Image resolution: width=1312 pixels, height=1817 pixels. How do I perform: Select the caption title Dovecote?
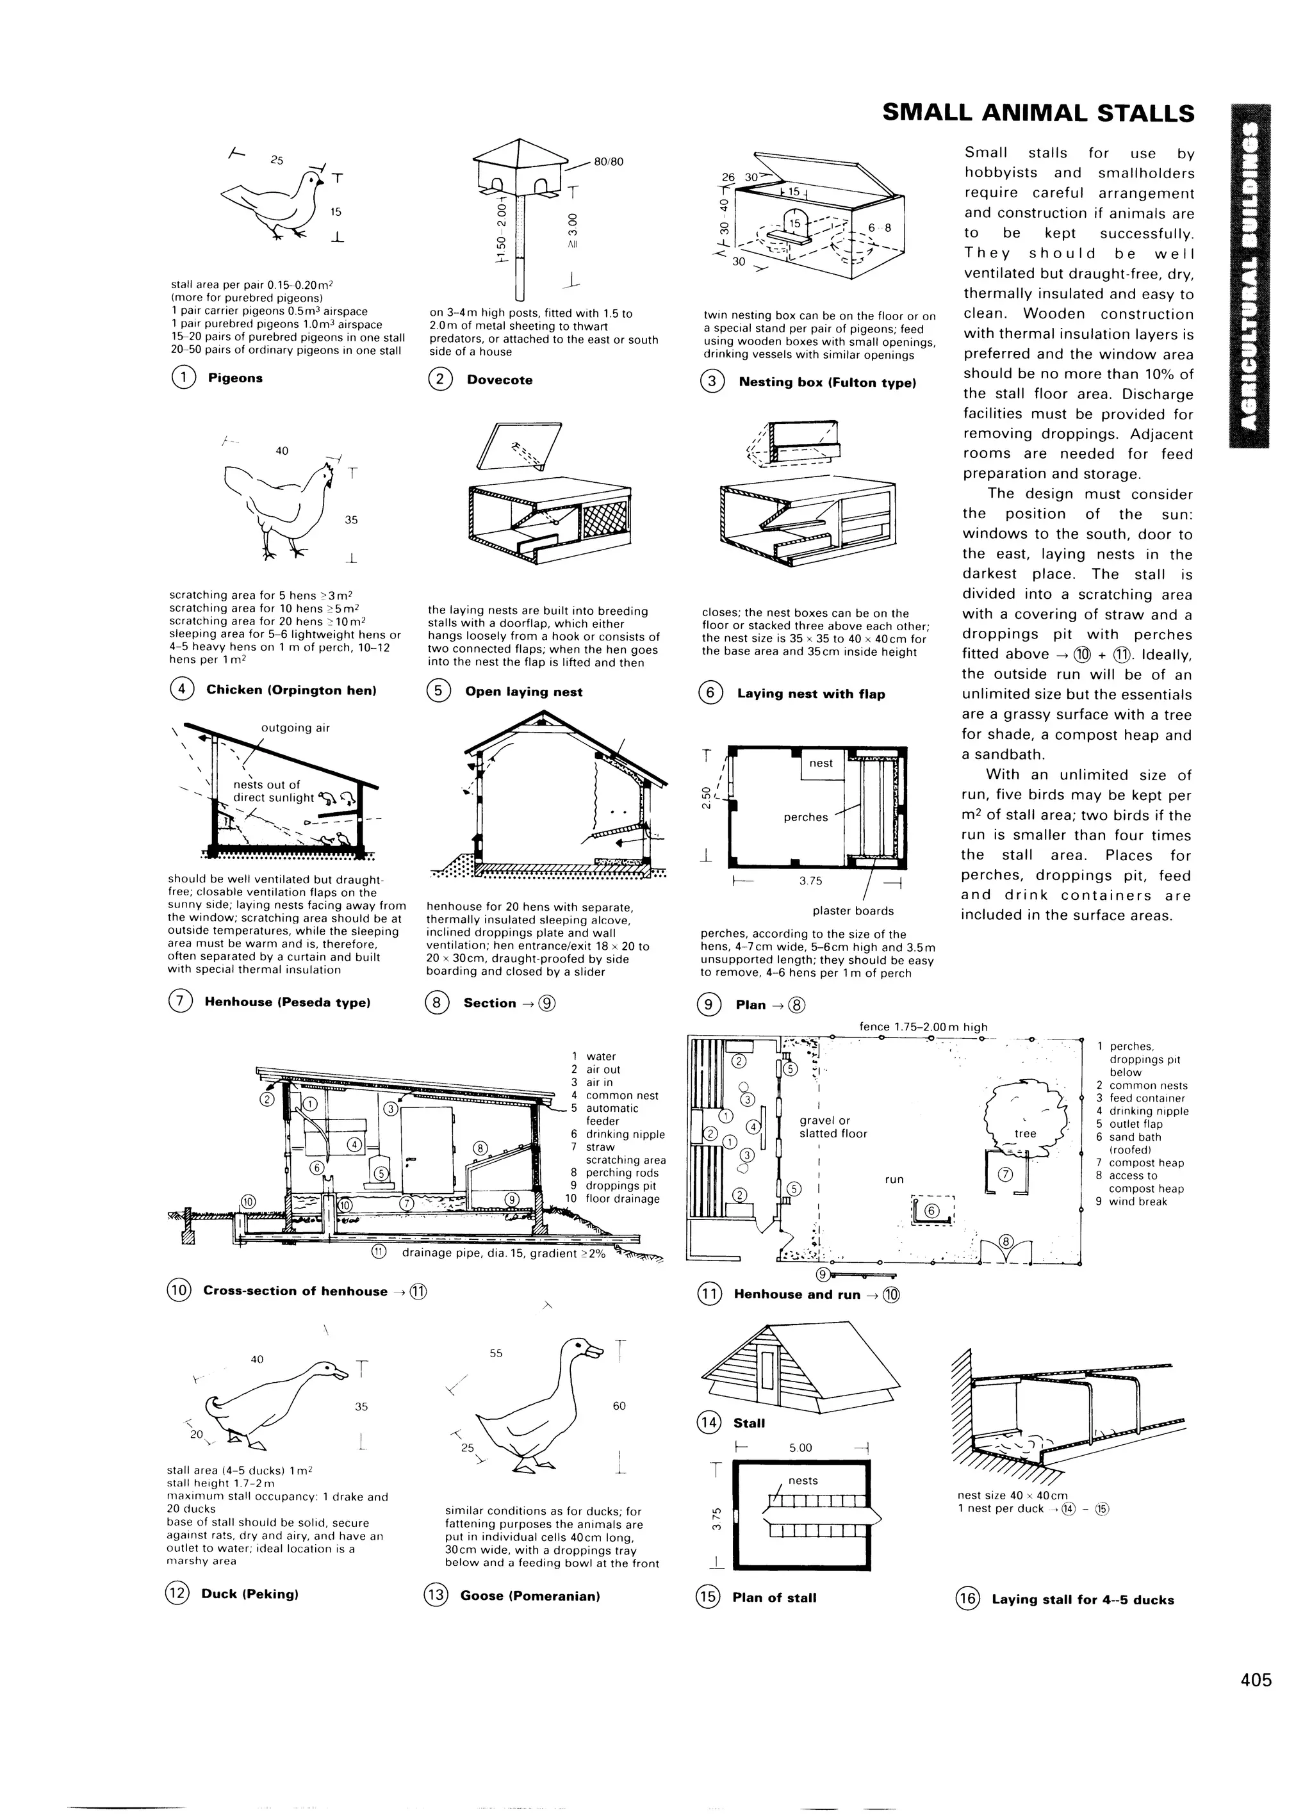[x=499, y=380]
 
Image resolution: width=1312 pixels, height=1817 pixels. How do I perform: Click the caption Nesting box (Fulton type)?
[x=826, y=382]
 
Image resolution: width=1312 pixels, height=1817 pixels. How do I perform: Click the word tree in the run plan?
[x=1025, y=1134]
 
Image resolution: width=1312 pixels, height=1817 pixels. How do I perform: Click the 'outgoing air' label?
[x=295, y=728]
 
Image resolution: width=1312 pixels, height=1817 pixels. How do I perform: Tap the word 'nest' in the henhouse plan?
[x=821, y=763]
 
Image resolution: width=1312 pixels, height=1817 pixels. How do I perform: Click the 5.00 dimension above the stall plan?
[x=800, y=1447]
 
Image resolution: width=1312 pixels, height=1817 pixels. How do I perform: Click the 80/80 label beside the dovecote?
[x=609, y=161]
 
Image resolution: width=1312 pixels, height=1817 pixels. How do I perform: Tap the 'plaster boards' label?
[x=853, y=911]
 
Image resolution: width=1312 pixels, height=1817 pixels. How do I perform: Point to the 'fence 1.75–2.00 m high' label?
[x=922, y=1027]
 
